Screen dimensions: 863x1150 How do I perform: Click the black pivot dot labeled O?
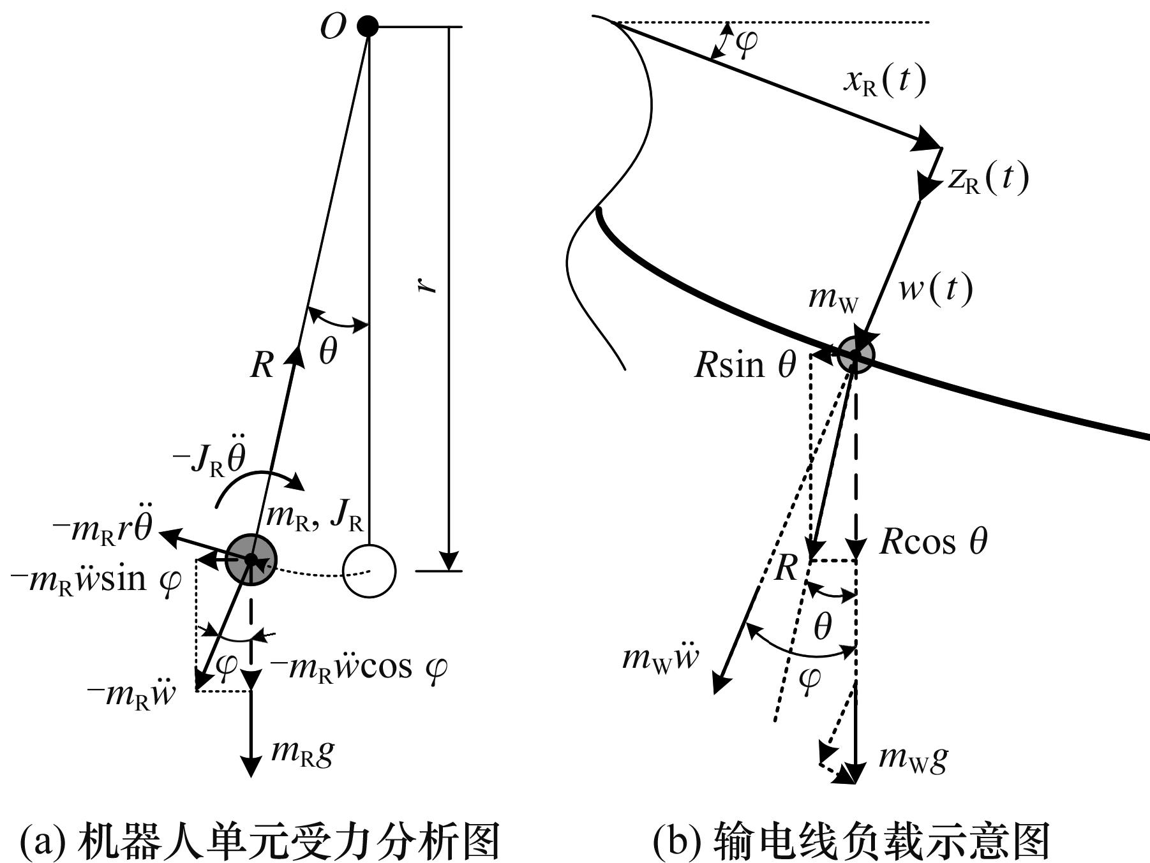(368, 27)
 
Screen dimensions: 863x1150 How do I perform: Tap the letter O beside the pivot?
(332, 27)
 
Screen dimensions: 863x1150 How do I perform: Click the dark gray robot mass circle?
(251, 559)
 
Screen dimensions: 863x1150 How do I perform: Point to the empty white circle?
(370, 571)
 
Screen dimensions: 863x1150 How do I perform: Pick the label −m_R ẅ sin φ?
(96, 580)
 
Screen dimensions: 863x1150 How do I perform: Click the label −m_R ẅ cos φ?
(358, 667)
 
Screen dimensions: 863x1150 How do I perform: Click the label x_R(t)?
(884, 80)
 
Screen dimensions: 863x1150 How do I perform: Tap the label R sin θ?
(745, 365)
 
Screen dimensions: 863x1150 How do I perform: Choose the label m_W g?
(913, 757)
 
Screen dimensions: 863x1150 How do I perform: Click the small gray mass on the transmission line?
(856, 354)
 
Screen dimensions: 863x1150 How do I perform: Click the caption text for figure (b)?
(851, 840)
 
